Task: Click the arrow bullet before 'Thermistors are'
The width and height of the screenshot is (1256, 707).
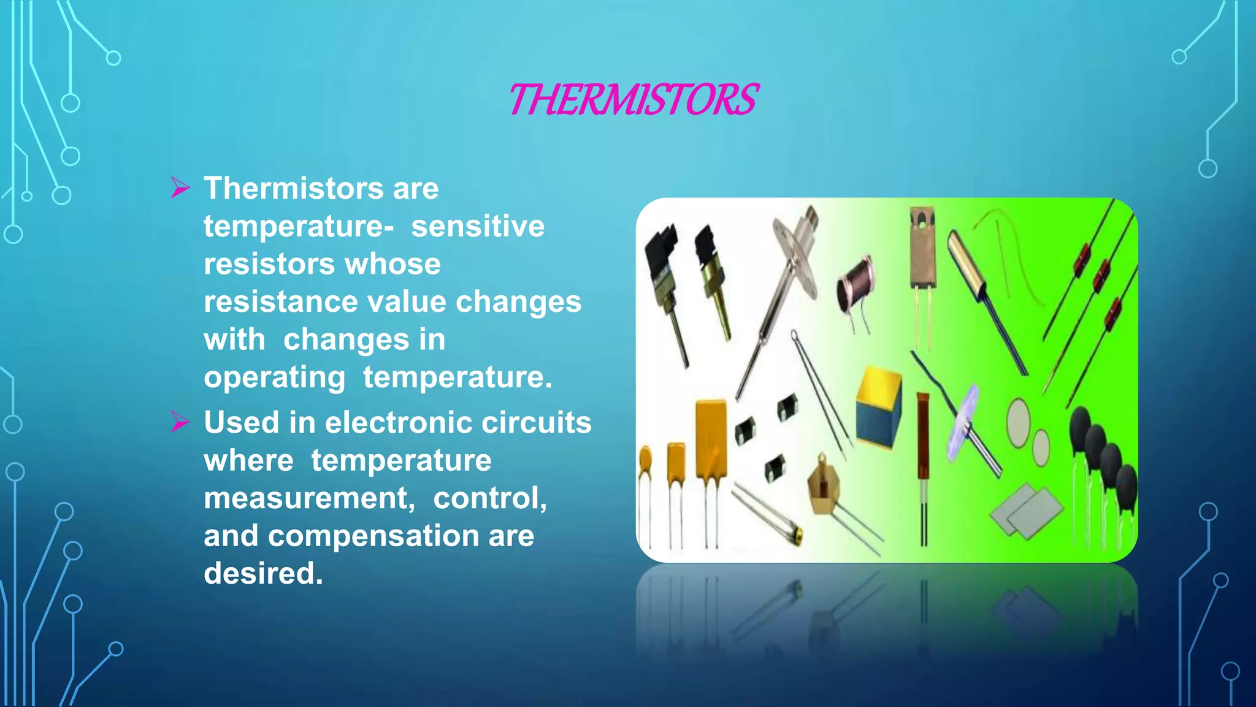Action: pos(180,188)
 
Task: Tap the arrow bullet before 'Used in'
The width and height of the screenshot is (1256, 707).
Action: pos(180,422)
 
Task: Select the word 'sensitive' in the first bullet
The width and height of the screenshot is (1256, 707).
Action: pos(477,226)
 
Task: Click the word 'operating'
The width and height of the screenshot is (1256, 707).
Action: pos(274,377)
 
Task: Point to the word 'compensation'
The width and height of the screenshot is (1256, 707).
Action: pos(373,536)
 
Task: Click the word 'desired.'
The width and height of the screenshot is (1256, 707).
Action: pos(263,573)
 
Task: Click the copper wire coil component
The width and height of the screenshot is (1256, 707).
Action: pos(856,284)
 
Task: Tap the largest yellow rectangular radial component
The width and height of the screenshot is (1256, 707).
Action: pos(711,438)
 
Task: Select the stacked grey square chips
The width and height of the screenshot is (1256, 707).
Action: pos(1026,509)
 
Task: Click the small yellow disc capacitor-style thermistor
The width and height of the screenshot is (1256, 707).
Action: pos(645,461)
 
